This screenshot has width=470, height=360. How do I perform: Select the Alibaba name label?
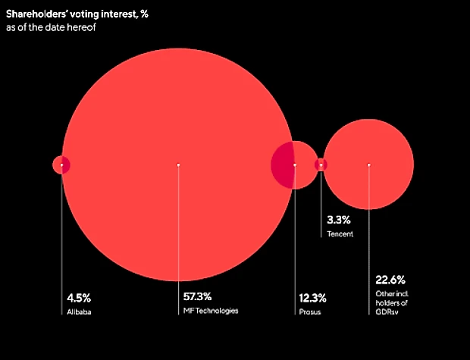(x=77, y=311)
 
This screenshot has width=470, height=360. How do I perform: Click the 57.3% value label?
(x=197, y=296)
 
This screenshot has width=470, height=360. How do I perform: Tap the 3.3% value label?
(x=338, y=220)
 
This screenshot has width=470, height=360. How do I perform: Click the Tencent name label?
(x=340, y=234)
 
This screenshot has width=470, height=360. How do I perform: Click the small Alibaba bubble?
(x=61, y=164)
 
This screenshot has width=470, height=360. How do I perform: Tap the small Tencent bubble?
(x=321, y=164)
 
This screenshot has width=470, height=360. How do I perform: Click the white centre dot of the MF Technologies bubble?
(x=178, y=164)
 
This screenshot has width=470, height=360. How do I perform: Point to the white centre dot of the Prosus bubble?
(x=294, y=164)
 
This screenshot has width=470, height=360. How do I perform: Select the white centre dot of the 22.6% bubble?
(x=368, y=164)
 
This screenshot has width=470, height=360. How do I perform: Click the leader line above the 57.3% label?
(x=178, y=227)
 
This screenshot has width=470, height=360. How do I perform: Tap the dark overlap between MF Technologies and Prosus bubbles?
(x=283, y=164)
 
